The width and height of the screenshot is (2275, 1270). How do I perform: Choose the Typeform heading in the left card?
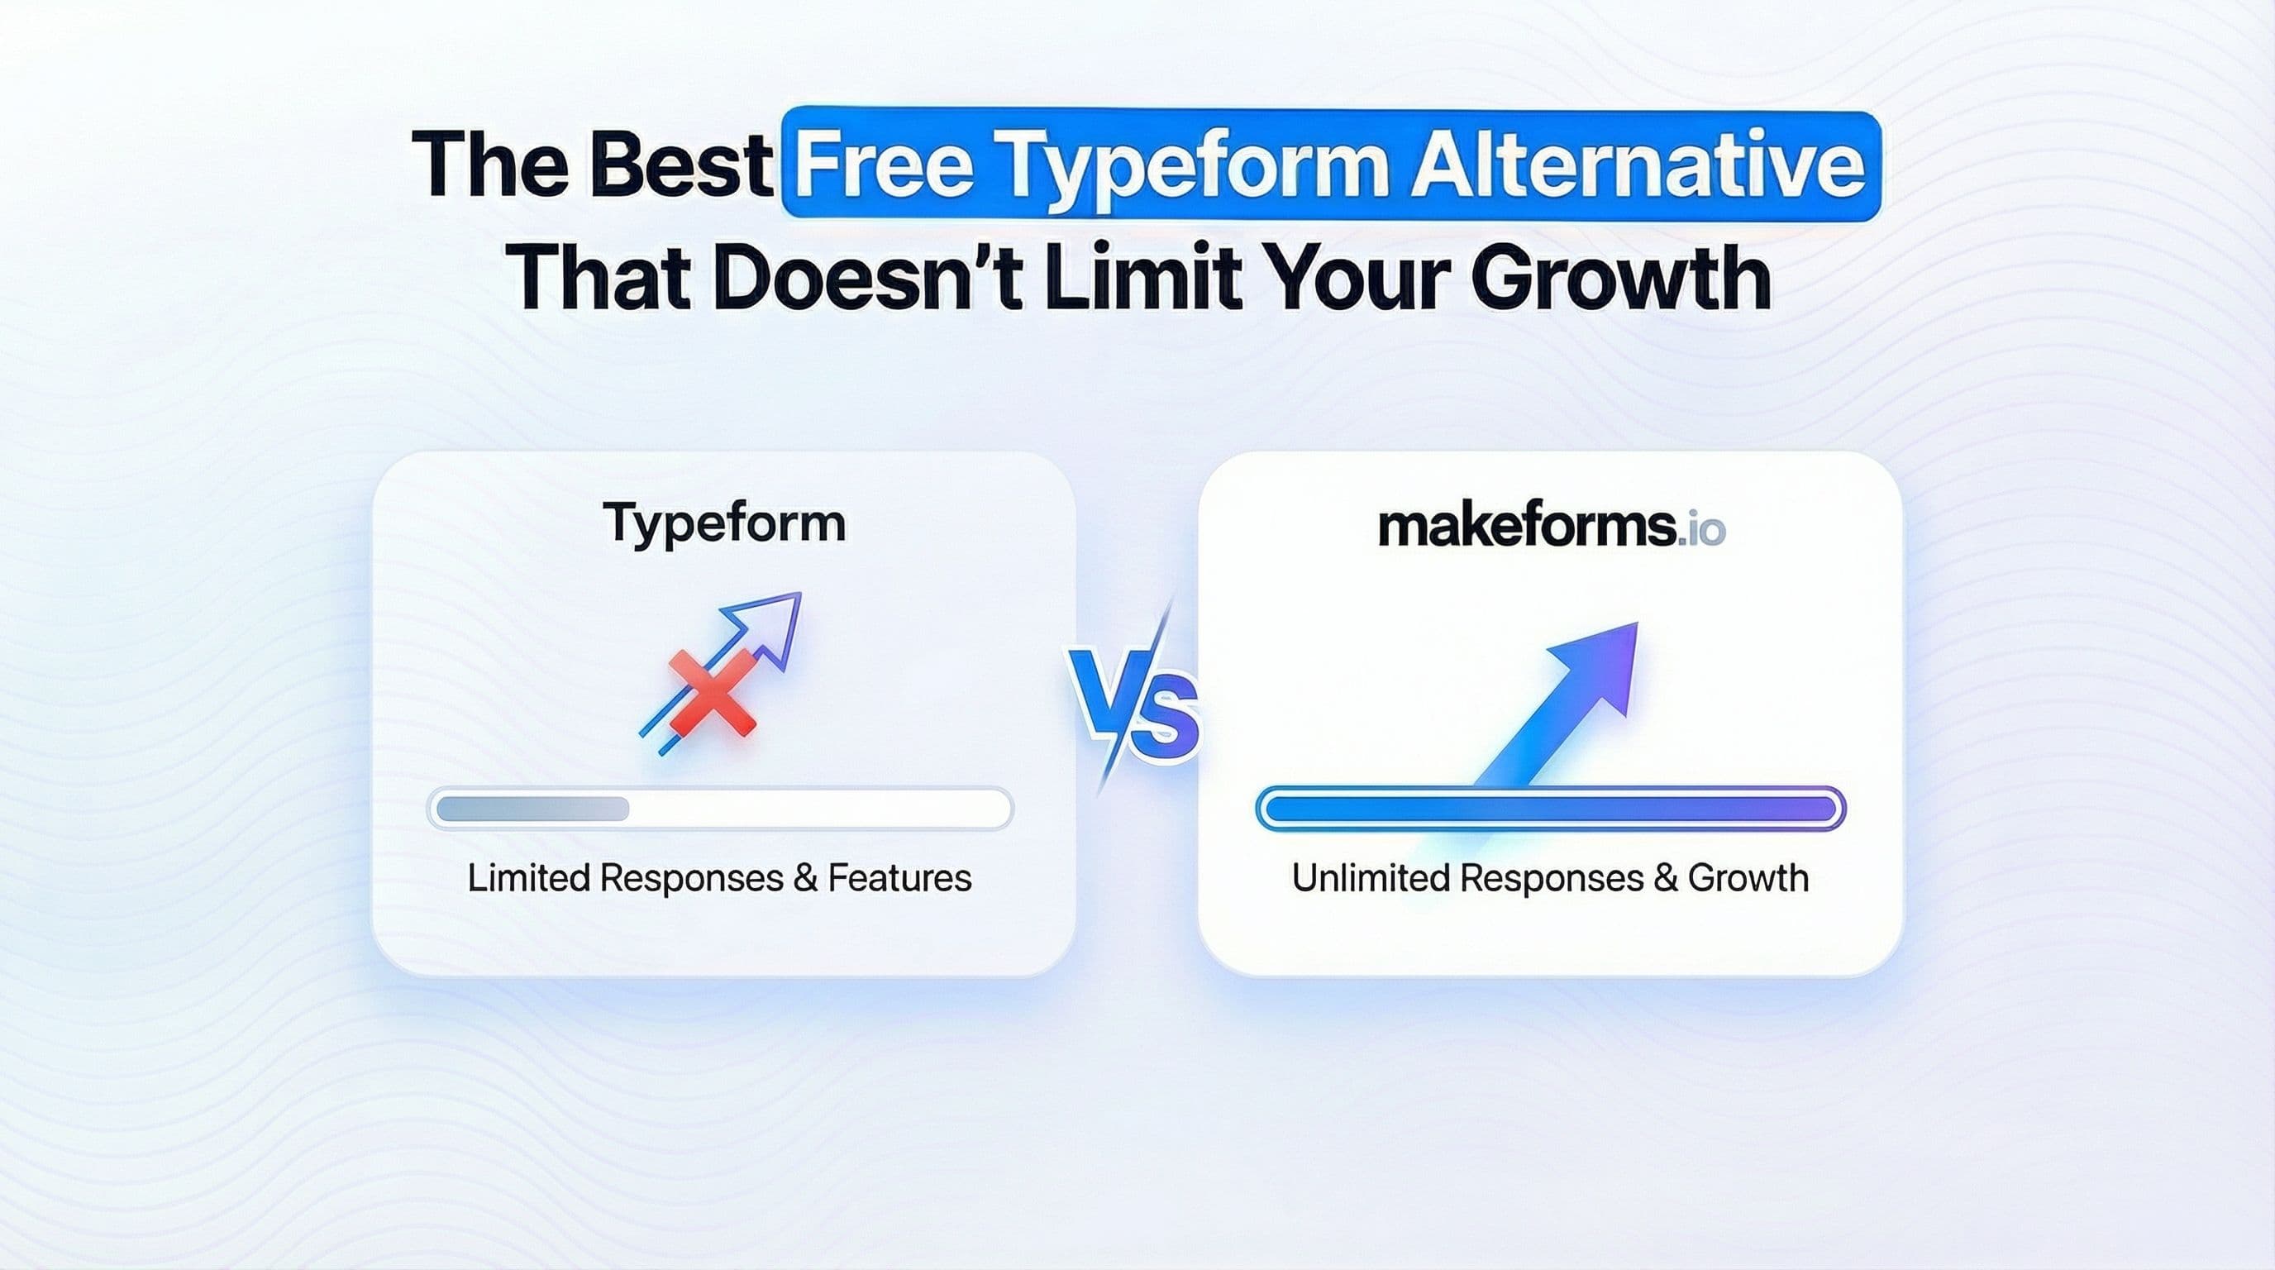click(724, 523)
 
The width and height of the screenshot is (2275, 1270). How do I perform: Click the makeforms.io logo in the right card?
click(1551, 527)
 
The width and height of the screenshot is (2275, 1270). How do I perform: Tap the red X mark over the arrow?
click(712, 692)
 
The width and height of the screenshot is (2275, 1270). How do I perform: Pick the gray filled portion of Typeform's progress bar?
click(532, 808)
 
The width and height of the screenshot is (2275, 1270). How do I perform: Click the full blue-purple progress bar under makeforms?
click(1550, 809)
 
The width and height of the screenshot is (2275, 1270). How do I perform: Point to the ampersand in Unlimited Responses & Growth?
click(1665, 878)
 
